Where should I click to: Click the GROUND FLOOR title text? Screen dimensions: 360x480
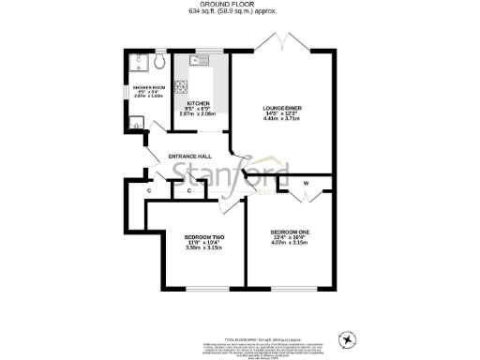click(x=239, y=5)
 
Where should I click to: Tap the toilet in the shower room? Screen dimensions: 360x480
click(x=158, y=63)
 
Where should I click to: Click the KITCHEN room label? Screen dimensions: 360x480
click(x=199, y=103)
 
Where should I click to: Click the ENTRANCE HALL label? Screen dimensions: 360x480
click(x=190, y=156)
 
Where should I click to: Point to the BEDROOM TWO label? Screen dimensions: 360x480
click(x=204, y=237)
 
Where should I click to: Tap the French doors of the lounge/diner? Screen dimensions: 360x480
click(x=280, y=47)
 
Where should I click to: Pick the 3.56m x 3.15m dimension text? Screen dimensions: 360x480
click(x=204, y=248)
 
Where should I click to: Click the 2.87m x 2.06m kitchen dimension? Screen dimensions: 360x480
click(x=199, y=114)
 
